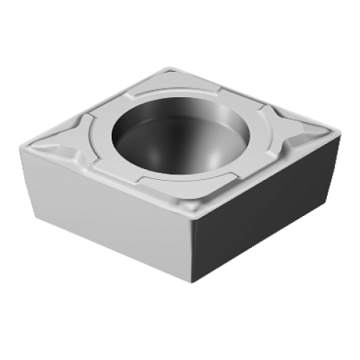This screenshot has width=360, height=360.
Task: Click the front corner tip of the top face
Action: [x=192, y=220]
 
